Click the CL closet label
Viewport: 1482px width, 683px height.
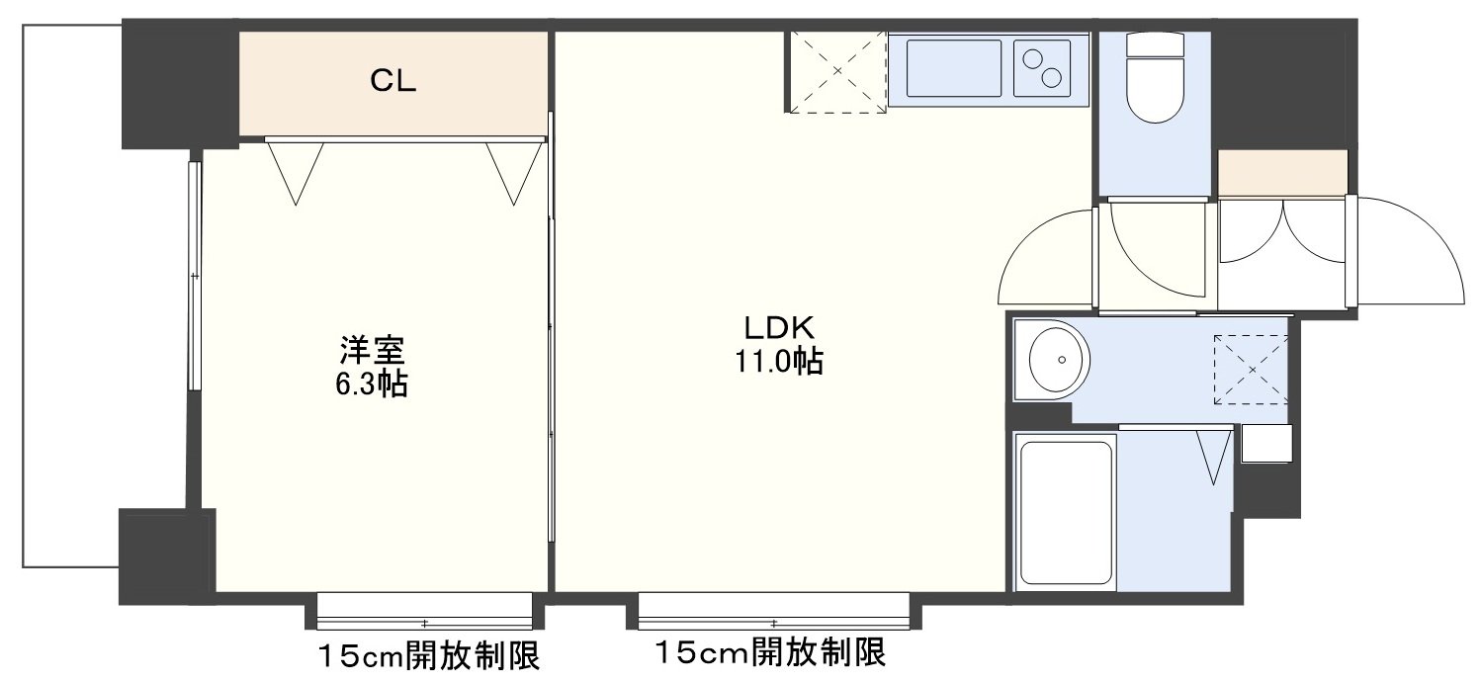point(393,81)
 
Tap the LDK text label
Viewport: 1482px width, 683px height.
point(779,328)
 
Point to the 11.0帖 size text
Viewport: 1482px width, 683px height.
point(779,361)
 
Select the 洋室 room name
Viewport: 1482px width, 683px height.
point(372,351)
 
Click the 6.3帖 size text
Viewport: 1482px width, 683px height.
point(372,384)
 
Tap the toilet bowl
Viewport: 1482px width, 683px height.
point(1155,78)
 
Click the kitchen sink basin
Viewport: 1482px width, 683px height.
point(953,68)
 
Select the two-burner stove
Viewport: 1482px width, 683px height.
point(1041,68)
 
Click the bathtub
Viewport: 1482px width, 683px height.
point(1065,512)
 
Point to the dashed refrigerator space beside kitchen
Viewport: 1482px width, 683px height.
point(837,71)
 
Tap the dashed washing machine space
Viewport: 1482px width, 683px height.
point(1251,370)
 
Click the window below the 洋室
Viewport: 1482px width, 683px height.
point(424,610)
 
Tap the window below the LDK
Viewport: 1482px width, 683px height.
point(773,610)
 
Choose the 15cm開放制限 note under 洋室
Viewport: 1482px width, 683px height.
point(429,656)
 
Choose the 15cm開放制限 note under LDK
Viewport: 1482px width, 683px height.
point(770,652)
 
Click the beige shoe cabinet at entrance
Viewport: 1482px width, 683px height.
point(1283,173)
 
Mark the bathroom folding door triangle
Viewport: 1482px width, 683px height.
point(1214,457)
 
